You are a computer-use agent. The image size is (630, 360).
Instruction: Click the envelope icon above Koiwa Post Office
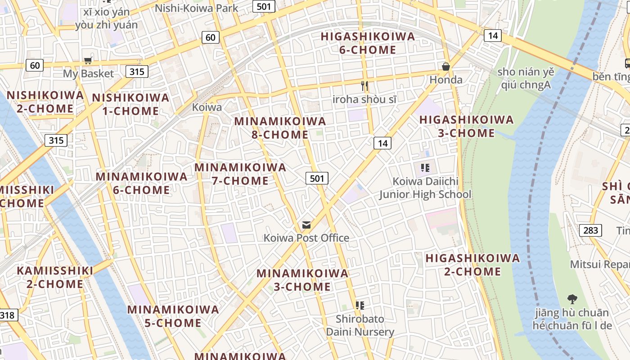306,225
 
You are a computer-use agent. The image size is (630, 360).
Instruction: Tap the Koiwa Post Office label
306,238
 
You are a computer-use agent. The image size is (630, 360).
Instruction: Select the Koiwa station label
207,107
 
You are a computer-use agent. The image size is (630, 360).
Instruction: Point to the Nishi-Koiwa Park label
197,8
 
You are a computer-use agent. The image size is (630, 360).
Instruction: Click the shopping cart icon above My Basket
88,60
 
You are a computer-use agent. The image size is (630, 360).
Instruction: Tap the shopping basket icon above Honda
446,67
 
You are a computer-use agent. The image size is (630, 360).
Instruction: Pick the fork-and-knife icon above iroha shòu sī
364,86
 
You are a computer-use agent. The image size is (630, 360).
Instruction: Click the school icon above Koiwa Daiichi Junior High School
425,168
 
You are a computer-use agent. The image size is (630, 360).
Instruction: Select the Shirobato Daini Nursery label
360,326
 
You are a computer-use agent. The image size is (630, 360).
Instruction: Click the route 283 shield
590,231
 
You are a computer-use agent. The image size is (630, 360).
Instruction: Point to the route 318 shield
7,315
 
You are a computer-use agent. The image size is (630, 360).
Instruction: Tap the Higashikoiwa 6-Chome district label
368,43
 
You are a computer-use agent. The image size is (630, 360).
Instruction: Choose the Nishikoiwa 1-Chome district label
130,104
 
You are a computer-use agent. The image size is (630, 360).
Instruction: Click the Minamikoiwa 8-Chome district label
280,128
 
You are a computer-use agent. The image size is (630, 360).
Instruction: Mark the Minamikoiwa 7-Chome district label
240,174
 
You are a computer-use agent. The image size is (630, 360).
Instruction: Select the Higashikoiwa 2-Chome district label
472,265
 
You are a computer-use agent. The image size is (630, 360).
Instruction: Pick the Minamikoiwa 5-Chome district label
173,316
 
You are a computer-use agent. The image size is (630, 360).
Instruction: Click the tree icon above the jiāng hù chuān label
572,298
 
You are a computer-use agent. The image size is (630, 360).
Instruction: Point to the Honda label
446,80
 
